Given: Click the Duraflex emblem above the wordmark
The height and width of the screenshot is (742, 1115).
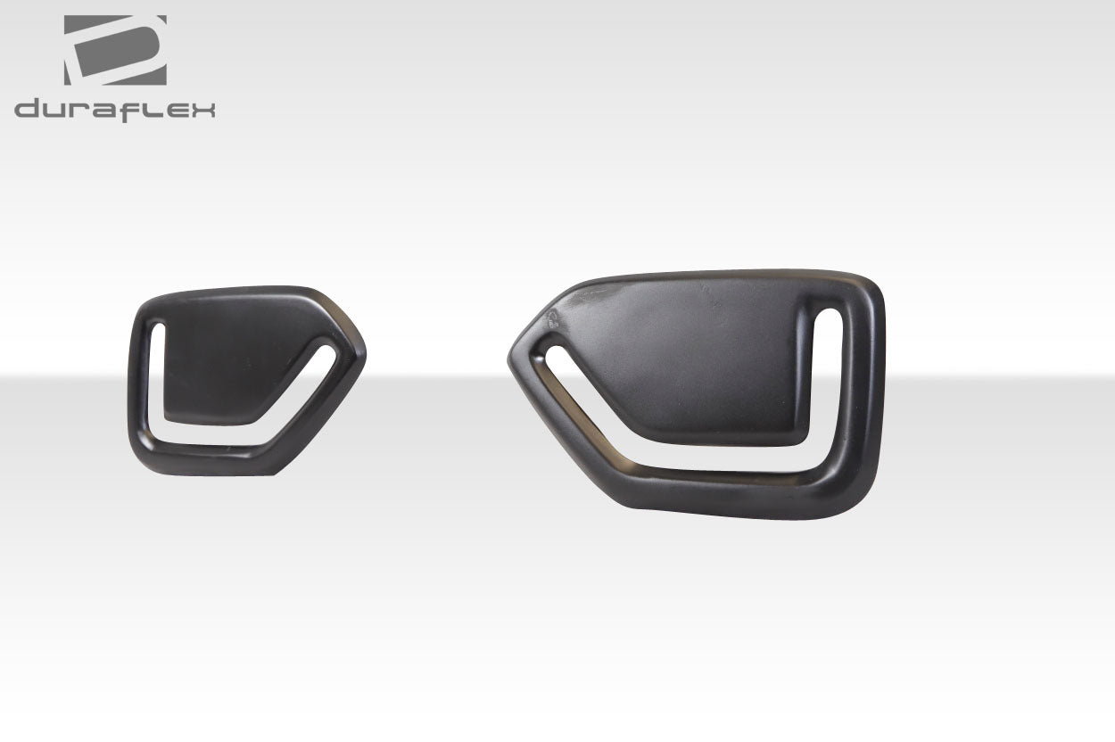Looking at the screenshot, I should click(x=114, y=50).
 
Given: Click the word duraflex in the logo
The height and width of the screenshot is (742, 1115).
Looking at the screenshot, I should click(x=114, y=111).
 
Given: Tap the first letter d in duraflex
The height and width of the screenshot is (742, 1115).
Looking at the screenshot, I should click(x=29, y=111).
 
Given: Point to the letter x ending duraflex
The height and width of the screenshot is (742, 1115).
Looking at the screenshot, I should click(x=203, y=111).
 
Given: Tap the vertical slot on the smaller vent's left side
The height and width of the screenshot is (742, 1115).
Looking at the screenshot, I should click(x=156, y=375).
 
